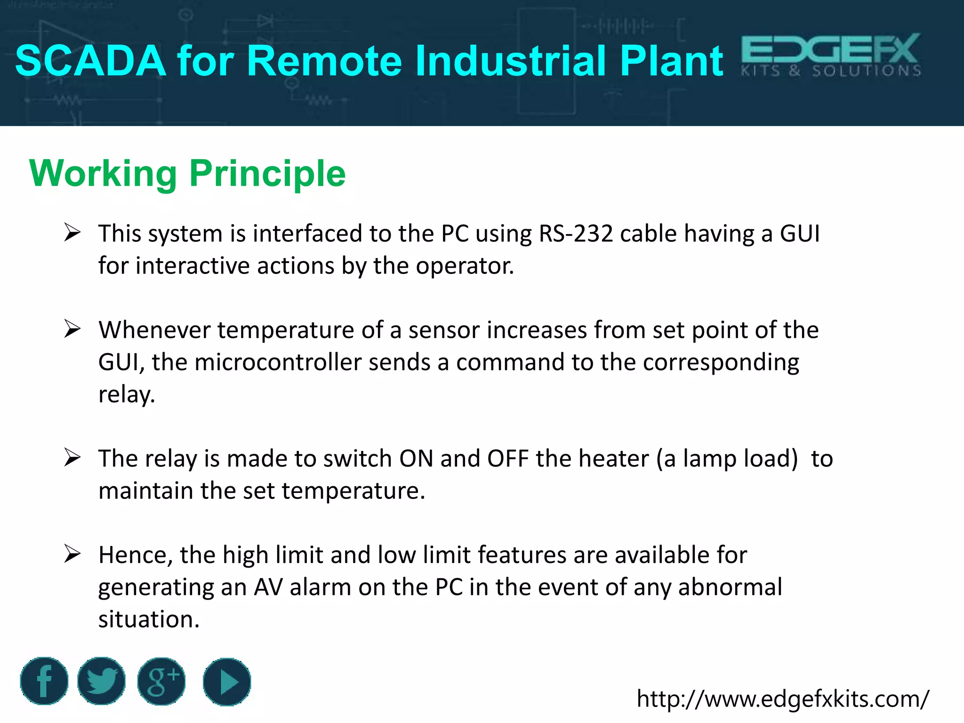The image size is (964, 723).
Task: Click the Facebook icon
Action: pos(44,681)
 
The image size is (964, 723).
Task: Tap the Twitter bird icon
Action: pos(101,681)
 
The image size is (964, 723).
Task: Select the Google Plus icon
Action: pos(161,681)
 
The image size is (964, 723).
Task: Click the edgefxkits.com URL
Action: pos(782,699)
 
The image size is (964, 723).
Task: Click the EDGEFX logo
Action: pos(831,56)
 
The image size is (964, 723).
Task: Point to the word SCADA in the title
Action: pos(91,61)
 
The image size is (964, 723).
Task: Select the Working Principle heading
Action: pos(187,174)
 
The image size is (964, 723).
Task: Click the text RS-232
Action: pos(576,234)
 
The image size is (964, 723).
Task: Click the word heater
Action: pos(614,458)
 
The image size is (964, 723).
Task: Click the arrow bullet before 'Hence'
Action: pos(72,554)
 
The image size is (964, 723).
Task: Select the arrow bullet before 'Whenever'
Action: pos(72,329)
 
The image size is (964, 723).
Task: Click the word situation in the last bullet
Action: pos(149,619)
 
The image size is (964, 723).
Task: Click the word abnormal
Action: pos(730,587)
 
